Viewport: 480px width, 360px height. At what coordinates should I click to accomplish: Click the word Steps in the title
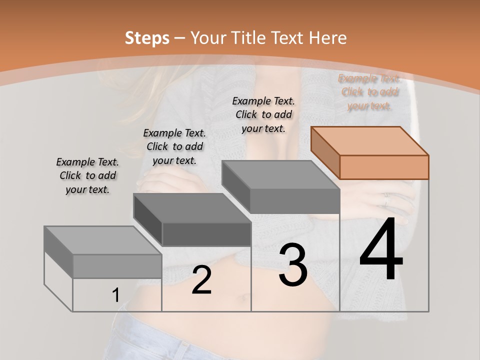[147, 38]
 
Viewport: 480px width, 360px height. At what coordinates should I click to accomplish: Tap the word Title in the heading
[250, 38]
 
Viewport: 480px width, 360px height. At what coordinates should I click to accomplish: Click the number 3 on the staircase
[293, 265]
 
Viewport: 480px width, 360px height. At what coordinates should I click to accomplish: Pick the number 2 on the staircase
[201, 280]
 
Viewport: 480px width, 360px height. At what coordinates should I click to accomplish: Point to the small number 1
[115, 295]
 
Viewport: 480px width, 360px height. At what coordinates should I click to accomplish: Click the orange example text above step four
[369, 92]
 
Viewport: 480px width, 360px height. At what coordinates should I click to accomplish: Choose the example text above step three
[263, 114]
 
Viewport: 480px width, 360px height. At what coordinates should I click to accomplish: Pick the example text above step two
[174, 146]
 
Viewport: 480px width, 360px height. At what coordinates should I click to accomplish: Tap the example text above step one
[87, 175]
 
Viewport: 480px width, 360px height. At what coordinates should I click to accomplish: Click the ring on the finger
[385, 200]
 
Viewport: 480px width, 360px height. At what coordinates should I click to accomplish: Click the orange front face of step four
[384, 167]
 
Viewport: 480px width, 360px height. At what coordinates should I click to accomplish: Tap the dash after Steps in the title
[180, 38]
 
